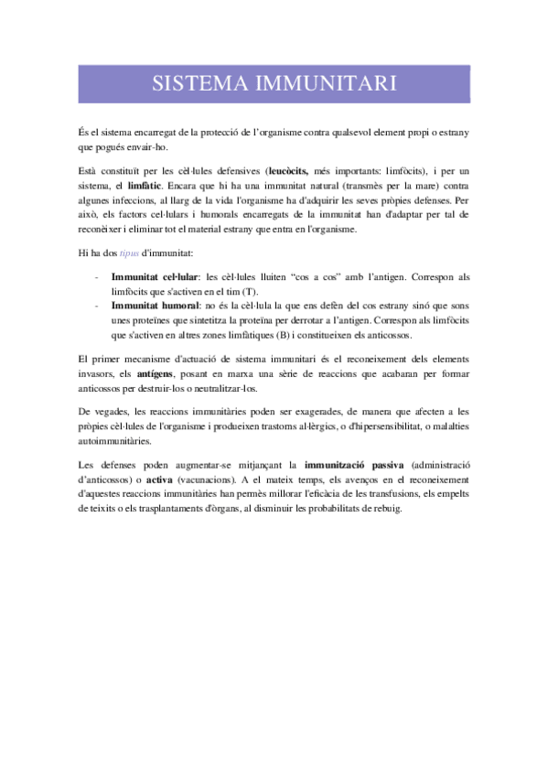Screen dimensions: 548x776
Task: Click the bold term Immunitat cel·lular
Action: click(x=155, y=275)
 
